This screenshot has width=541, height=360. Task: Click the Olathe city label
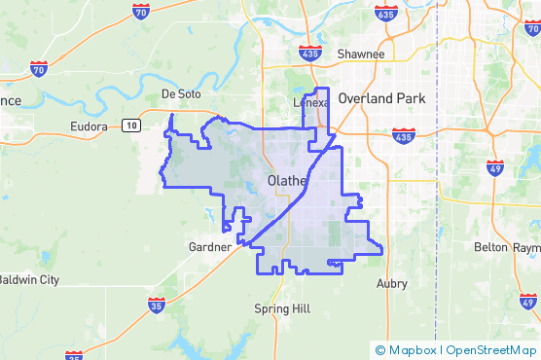[x=287, y=181]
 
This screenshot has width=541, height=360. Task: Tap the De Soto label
[x=180, y=94]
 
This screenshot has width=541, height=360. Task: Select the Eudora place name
[x=93, y=127]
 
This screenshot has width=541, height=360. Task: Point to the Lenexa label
[x=311, y=101]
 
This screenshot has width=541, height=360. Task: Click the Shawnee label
[x=361, y=54]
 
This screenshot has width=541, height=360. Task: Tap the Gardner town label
[x=209, y=247]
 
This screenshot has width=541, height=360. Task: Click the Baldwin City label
[x=28, y=279]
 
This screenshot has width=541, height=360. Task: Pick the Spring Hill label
[x=279, y=308]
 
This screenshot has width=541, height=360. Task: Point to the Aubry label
[x=391, y=284]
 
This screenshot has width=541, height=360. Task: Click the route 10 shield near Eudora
[x=130, y=125]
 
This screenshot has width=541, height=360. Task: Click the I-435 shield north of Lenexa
[x=310, y=53]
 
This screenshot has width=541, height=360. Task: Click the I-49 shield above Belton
[x=494, y=169]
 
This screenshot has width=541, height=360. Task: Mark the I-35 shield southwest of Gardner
[x=156, y=306]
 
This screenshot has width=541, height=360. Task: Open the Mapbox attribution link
[x=406, y=350]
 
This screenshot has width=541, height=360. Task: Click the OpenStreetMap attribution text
[x=490, y=350]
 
